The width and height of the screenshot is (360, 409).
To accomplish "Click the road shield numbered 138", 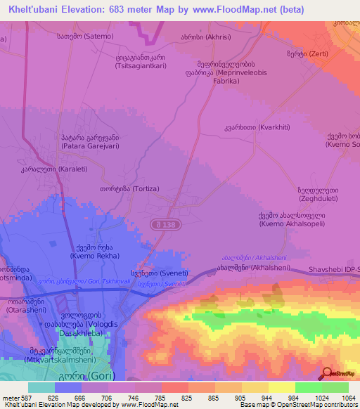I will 160,223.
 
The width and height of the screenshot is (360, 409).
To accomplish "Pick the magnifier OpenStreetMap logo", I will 326,373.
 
